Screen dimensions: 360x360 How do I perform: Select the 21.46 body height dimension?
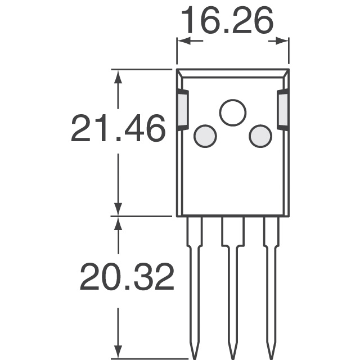point(118,129)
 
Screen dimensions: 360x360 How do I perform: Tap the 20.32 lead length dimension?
point(127,277)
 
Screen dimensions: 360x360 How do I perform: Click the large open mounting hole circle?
point(233,112)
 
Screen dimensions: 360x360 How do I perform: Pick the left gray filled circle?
point(205,136)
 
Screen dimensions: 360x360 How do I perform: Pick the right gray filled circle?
point(260,136)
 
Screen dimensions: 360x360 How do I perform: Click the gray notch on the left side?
point(183,110)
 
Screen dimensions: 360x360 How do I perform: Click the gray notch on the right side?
point(283,110)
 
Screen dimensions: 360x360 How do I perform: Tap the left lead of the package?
point(195,281)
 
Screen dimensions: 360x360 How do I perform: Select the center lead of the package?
point(232,281)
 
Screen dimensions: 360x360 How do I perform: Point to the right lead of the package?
point(271,281)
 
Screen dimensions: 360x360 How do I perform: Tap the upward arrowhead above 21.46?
point(118,76)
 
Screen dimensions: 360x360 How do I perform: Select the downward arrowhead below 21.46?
point(118,209)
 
